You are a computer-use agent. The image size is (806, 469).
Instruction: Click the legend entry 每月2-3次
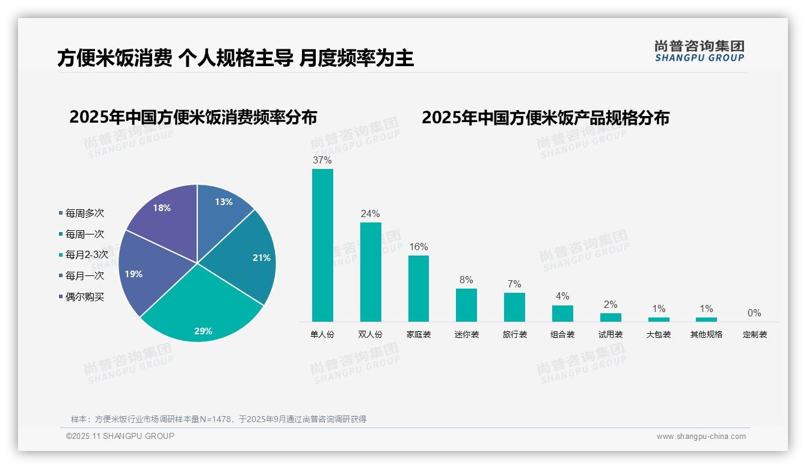point(86,255)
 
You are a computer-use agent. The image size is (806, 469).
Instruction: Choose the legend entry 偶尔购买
point(84,297)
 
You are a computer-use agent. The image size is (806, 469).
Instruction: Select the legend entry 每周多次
point(84,213)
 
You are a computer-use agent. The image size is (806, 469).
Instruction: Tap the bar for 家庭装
point(419,289)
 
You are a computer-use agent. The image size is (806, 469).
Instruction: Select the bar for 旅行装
point(514,307)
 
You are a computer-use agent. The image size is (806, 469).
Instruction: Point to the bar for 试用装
point(611,317)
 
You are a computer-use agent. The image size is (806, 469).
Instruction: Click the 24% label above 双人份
point(370,213)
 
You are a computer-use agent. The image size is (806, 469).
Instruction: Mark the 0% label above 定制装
point(754,313)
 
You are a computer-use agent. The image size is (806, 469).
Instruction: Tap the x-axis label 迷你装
point(467,334)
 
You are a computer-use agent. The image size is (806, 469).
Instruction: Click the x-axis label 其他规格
point(706,334)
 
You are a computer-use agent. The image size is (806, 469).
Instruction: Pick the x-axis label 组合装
point(562,334)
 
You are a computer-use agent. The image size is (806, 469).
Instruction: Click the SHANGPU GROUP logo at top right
point(699,51)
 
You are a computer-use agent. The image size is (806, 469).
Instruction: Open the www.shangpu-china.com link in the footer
point(701,436)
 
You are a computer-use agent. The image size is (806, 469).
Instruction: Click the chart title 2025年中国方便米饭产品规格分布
point(545,117)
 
